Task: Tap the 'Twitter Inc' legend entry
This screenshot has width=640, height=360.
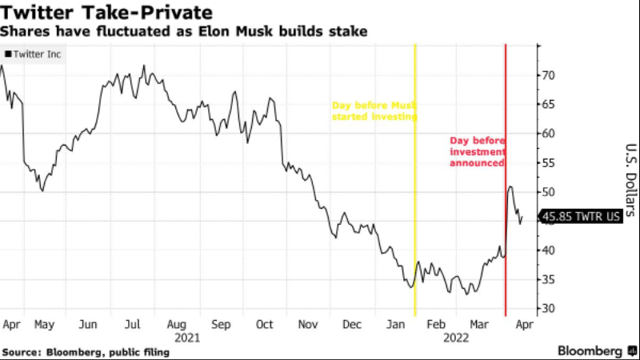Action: click(x=34, y=54)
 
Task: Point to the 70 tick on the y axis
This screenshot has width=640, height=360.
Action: click(x=549, y=75)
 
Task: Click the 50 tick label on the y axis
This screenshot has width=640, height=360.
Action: click(x=549, y=192)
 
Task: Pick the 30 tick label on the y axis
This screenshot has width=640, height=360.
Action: click(x=549, y=309)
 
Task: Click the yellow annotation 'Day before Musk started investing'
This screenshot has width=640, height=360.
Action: click(x=374, y=111)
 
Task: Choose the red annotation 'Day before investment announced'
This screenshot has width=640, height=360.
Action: click(x=477, y=151)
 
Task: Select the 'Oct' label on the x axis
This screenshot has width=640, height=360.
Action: click(x=264, y=326)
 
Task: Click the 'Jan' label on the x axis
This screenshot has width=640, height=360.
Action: click(x=395, y=326)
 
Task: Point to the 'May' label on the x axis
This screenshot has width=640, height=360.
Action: click(x=43, y=326)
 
